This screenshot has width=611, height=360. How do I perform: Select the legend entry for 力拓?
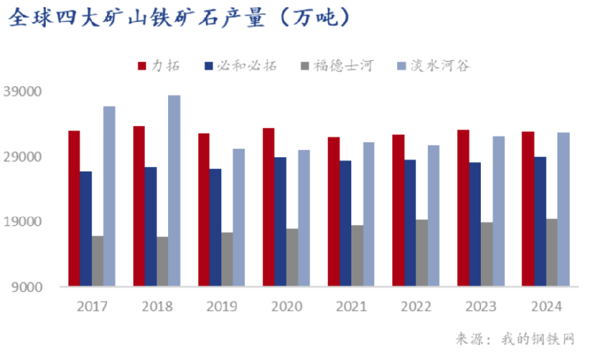(x=159, y=65)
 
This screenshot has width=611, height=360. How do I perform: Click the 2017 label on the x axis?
(x=92, y=306)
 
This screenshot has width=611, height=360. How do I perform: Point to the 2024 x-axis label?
(x=546, y=306)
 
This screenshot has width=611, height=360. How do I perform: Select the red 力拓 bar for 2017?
(x=74, y=208)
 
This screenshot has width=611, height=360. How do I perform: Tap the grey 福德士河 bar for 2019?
(x=227, y=259)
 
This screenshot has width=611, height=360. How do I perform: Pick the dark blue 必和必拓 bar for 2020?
(x=280, y=221)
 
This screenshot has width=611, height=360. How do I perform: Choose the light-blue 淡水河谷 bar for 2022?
(x=433, y=215)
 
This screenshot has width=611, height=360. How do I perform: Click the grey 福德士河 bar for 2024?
(x=551, y=252)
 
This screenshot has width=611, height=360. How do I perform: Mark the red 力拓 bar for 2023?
(x=463, y=208)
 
